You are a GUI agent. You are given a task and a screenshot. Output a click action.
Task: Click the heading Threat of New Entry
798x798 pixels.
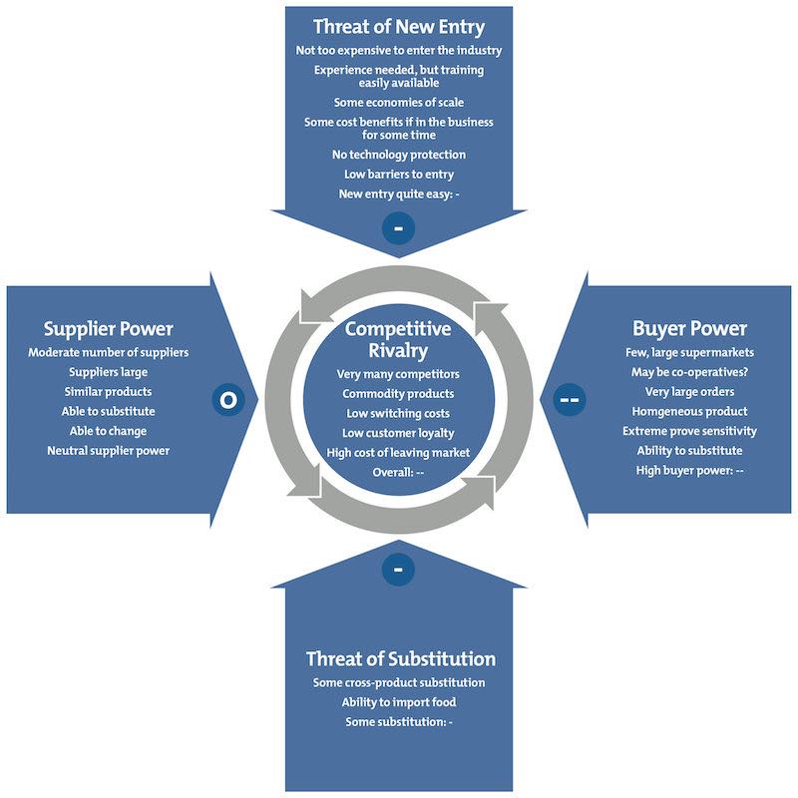click(x=398, y=26)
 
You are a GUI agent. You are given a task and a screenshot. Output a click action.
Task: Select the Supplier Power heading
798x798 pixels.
click(x=109, y=328)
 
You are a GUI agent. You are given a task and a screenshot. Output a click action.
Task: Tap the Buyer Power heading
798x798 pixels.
click(x=689, y=328)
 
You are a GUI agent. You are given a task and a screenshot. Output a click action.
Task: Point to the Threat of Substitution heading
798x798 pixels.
click(x=400, y=658)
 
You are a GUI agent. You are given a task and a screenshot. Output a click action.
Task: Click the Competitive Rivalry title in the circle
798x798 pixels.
click(x=398, y=339)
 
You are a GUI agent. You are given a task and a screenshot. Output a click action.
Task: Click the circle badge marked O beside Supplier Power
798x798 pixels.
click(x=227, y=400)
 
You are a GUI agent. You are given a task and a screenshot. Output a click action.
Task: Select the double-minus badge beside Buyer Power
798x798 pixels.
click(x=571, y=400)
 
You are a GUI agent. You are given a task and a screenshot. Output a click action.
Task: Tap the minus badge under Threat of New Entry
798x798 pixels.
click(x=398, y=228)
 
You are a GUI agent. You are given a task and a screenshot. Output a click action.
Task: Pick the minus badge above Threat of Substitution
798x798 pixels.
click(x=398, y=570)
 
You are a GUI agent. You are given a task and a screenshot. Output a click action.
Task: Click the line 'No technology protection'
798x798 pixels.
click(x=398, y=155)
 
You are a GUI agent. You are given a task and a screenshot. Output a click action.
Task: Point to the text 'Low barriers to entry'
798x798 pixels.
click(x=398, y=174)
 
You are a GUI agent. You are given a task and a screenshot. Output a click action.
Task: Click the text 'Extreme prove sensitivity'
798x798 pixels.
click(x=689, y=431)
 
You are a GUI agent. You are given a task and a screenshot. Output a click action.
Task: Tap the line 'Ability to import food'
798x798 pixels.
click(x=399, y=702)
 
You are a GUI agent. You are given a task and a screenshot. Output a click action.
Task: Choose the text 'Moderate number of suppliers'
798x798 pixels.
click(x=109, y=352)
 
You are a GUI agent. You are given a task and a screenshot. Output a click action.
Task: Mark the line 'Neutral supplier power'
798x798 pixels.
click(x=109, y=450)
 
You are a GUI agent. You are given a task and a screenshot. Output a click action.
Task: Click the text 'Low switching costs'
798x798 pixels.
click(x=398, y=413)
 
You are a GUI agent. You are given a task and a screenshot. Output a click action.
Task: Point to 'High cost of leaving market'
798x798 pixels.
click(x=398, y=453)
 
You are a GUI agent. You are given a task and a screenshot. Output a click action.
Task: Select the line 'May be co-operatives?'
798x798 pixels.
click(x=689, y=372)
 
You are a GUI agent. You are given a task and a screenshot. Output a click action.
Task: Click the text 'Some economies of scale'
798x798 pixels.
click(x=398, y=102)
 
